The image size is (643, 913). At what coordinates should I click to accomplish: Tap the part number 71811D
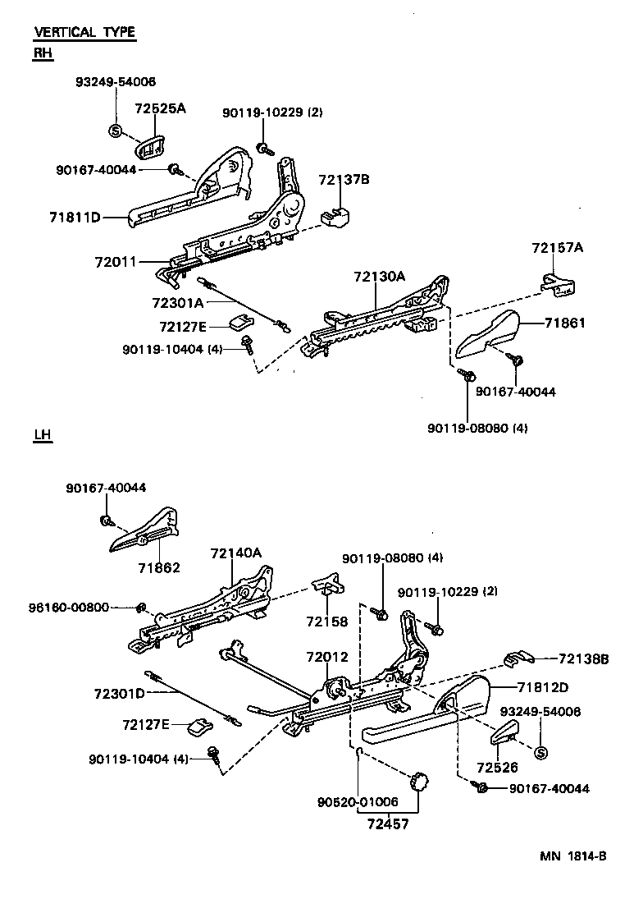tap(74, 218)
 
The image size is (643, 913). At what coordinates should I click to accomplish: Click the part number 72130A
tap(379, 277)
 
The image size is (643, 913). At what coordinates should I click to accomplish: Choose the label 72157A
tap(558, 248)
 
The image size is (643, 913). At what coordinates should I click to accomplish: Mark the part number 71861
tap(564, 323)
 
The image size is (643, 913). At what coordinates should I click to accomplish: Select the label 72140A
tap(235, 553)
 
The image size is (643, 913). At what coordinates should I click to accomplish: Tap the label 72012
tap(327, 657)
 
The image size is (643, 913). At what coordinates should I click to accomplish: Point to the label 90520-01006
tap(358, 801)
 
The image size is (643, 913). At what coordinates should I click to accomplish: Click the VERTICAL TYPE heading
tap(84, 33)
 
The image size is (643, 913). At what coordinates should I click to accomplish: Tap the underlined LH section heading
tap(43, 434)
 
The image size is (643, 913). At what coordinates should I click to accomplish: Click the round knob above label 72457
tap(420, 782)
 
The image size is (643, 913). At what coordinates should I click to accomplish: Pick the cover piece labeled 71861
tap(486, 336)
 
